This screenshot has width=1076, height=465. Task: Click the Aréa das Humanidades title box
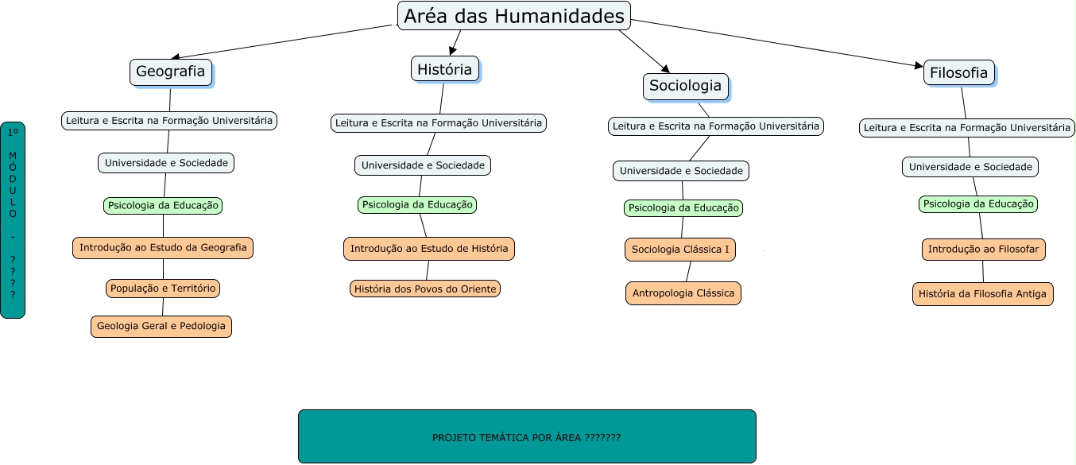[x=513, y=16]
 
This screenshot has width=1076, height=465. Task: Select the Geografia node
[x=170, y=72]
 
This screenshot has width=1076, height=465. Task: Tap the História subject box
[x=444, y=69]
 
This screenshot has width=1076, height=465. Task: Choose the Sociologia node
[x=685, y=86]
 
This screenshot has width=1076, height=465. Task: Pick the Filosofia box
[x=959, y=73]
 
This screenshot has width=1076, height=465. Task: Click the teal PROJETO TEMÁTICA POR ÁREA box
[x=527, y=436]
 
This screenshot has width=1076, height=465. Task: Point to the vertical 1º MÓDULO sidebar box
[x=13, y=220]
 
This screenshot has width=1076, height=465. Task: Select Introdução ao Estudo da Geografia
[x=163, y=247]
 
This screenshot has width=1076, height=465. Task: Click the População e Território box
[x=163, y=288]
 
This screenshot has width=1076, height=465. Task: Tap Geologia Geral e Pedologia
[x=161, y=326]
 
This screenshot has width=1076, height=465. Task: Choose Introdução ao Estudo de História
[x=429, y=249]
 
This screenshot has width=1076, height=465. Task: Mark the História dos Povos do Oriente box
[x=425, y=289]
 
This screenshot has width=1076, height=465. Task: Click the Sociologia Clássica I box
[x=680, y=250]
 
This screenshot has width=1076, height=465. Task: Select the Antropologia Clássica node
[x=683, y=293]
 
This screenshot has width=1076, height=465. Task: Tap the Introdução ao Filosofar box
[x=984, y=250]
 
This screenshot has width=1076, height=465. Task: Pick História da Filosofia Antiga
[x=983, y=294]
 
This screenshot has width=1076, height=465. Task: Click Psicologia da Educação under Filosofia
[x=978, y=204]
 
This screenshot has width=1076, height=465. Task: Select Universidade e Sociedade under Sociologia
[x=681, y=171]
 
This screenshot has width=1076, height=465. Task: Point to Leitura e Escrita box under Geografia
[x=169, y=121]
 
